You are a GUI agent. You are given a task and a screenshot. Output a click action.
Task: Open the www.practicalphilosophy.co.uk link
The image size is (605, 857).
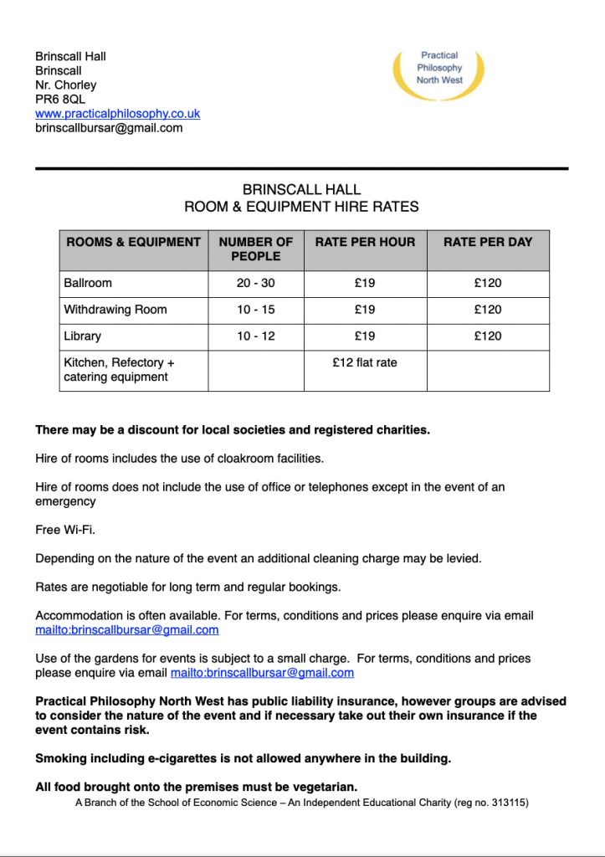click(117, 114)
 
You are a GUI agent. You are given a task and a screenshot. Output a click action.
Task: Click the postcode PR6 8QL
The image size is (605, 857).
click(60, 100)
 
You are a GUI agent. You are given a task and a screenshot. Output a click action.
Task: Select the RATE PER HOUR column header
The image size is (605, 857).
click(365, 242)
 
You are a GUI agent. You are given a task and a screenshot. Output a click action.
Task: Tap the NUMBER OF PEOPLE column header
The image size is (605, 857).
click(255, 249)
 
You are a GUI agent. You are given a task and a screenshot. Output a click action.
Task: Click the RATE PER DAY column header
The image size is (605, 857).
click(488, 242)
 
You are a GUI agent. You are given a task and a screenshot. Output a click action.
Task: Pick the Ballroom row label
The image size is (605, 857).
click(88, 283)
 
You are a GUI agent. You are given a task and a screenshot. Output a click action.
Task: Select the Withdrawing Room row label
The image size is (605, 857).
click(115, 310)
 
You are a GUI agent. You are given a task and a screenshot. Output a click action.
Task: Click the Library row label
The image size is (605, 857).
click(82, 336)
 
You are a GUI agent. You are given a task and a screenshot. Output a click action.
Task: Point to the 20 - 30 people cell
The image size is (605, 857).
click(255, 283)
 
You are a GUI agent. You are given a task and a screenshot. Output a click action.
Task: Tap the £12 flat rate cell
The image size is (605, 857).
click(365, 362)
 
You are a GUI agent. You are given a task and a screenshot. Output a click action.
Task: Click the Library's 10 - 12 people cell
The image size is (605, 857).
click(255, 336)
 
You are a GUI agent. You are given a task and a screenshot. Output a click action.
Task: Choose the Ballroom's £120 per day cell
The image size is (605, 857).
click(488, 283)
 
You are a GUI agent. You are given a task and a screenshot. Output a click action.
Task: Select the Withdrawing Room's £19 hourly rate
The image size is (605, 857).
click(365, 310)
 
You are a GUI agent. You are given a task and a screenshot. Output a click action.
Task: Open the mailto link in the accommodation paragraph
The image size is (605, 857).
click(127, 630)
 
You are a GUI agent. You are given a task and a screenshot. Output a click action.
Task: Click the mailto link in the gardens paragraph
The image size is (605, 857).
click(262, 673)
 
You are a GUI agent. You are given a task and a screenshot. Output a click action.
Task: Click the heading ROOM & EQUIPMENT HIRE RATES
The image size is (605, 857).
click(301, 207)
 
